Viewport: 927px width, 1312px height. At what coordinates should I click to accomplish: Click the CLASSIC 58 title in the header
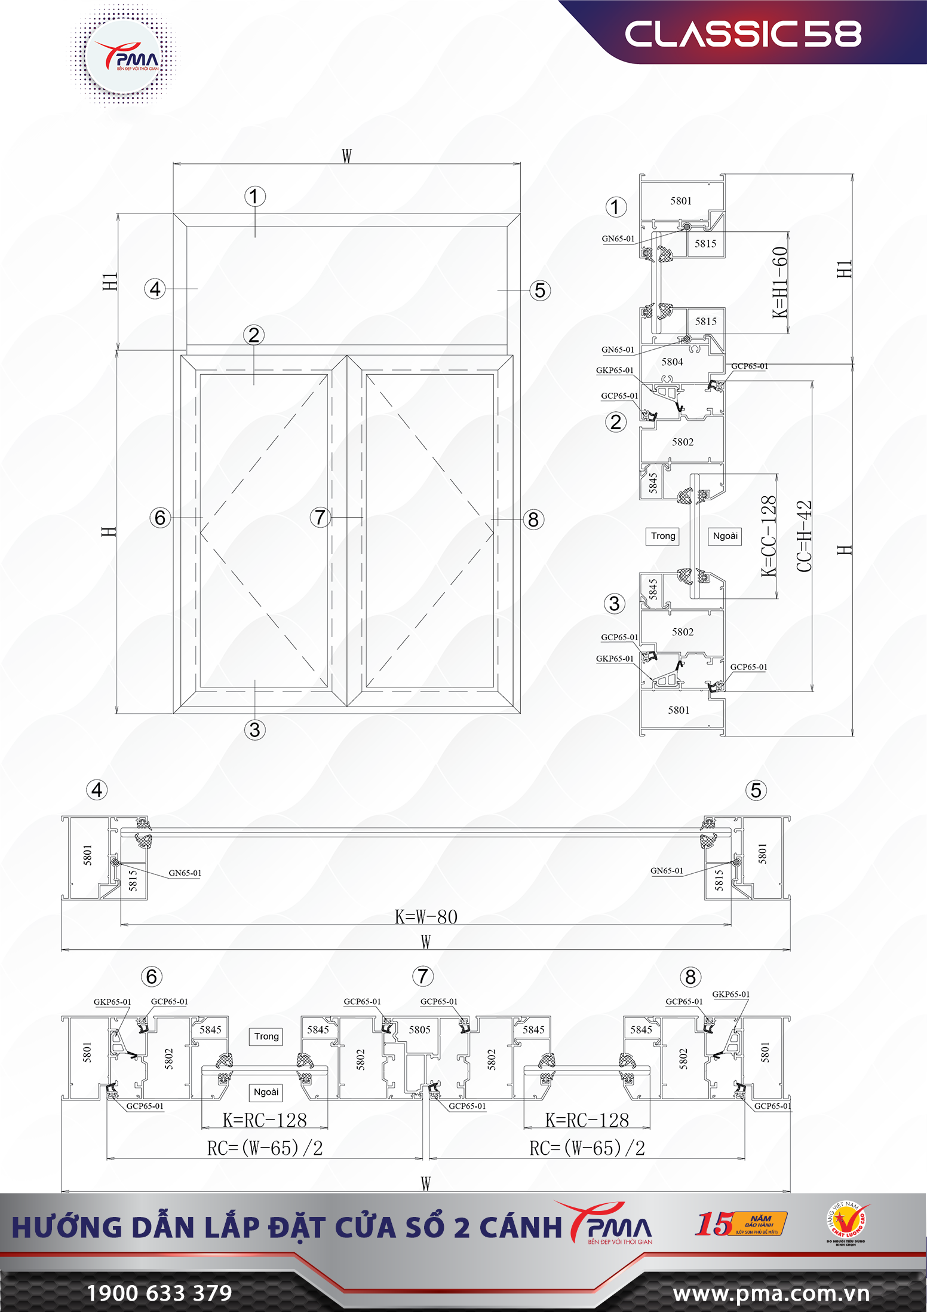coord(742,34)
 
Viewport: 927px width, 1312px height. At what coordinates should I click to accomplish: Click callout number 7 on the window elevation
coord(320,517)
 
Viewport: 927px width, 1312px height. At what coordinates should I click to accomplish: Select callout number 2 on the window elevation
coord(254,335)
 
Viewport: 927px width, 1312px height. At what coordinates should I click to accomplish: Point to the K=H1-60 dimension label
coord(779,282)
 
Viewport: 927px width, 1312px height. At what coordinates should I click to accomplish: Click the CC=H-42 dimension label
coord(804,536)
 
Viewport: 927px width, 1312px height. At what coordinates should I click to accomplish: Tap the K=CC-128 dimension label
coord(768,536)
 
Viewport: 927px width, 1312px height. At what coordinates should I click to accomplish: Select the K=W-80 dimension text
coord(426,916)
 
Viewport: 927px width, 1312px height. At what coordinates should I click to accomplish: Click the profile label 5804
coord(672,362)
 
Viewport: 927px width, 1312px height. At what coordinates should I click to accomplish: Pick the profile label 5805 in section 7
coord(419,1029)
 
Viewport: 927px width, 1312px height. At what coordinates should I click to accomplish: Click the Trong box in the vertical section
coord(663,536)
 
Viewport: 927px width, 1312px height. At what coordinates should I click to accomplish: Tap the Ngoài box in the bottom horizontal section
coord(266,1092)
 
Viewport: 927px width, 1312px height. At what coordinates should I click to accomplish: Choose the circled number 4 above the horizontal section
coord(97,790)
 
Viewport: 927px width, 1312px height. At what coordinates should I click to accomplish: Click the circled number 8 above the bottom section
coord(690,977)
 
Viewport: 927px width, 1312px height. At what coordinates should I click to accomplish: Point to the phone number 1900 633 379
coord(159,1293)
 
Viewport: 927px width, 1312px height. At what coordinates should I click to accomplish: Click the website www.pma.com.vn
coord(771,1293)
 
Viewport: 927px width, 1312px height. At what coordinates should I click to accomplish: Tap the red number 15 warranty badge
coord(714,1224)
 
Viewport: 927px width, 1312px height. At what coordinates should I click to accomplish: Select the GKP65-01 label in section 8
coord(730,994)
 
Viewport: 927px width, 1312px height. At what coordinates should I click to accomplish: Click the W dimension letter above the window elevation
coord(346,156)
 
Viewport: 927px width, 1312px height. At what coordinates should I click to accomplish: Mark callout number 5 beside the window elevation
coord(540,290)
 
